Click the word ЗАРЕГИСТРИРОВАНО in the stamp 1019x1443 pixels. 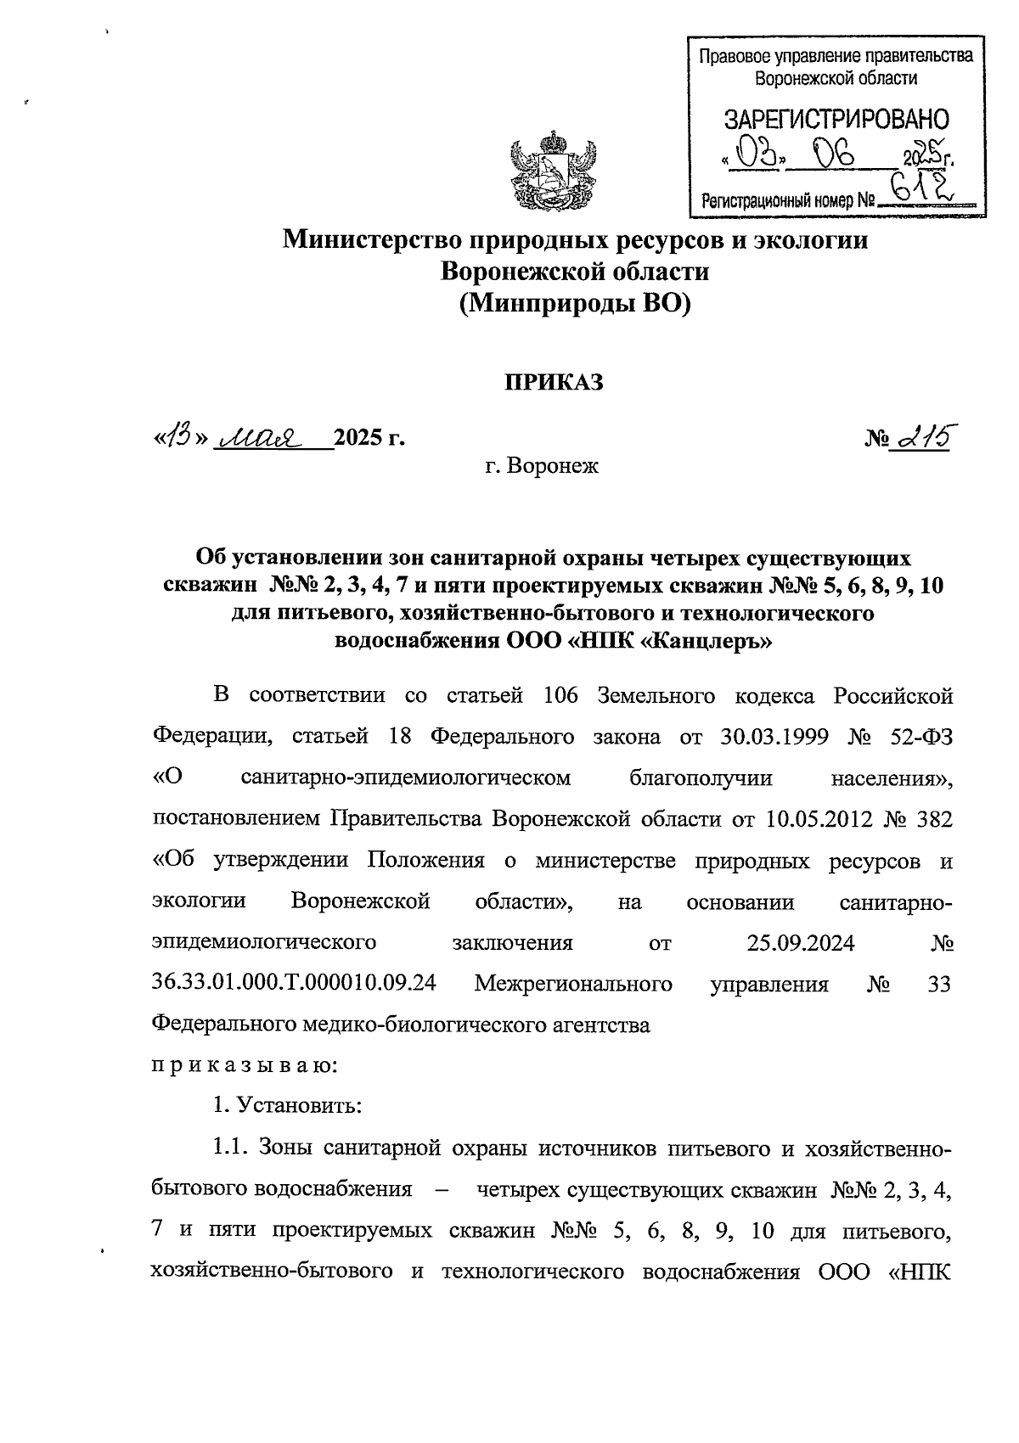point(836,119)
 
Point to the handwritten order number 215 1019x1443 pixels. point(920,437)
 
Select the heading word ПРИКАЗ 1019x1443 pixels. point(555,383)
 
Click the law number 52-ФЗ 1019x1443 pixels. point(920,737)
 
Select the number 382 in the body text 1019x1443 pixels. point(932,819)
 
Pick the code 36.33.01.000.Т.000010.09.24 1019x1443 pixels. point(294,984)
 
